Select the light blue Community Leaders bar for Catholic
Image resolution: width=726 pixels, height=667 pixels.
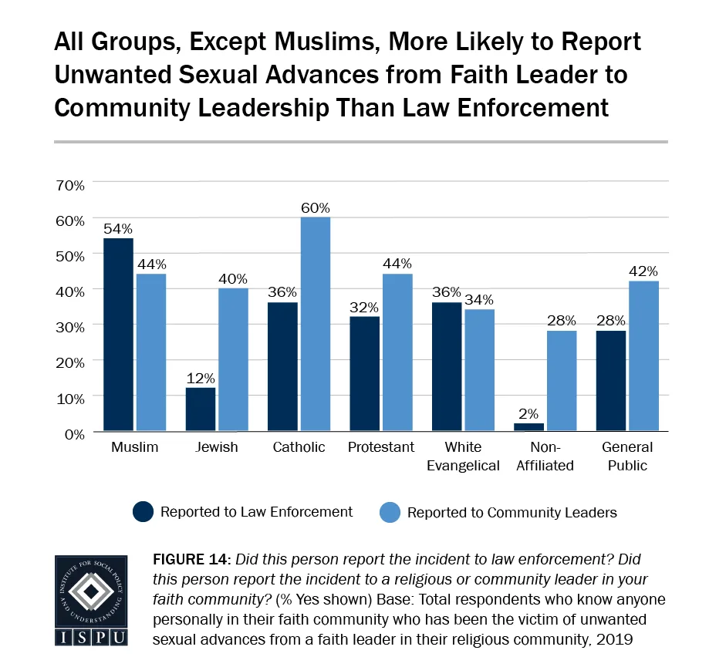point(315,324)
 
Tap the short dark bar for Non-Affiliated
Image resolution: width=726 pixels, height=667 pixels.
point(528,426)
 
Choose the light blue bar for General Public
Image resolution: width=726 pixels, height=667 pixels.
point(643,355)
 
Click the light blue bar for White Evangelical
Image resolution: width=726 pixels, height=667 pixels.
point(479,369)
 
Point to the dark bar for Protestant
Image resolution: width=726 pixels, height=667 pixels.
point(365,373)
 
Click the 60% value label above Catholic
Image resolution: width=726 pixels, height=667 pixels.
point(315,208)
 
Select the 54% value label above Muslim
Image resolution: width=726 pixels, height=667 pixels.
point(119,229)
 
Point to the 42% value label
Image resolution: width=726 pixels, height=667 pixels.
point(643,271)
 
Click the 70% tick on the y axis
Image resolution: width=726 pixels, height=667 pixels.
point(69,184)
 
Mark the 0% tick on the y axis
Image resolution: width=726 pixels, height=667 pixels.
point(73,433)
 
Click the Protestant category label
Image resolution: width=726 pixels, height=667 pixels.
point(381,447)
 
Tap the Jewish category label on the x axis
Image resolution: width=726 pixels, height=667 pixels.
point(217,447)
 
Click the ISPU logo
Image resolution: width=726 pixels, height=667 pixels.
point(90,599)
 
